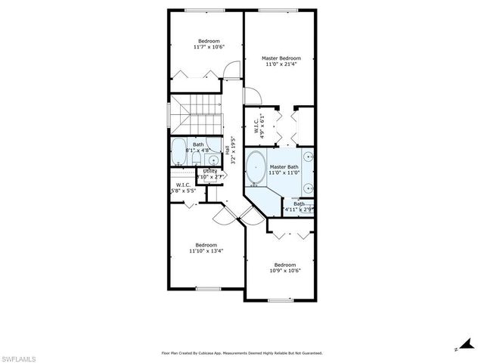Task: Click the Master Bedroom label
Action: point(281,58)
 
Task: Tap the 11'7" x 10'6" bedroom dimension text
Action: point(209,47)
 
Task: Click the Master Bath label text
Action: point(284,166)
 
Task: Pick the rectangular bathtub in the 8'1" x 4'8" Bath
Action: point(178,151)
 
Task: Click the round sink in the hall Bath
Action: point(213,160)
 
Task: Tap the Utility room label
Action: point(209,172)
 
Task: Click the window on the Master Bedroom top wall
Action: point(281,11)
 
